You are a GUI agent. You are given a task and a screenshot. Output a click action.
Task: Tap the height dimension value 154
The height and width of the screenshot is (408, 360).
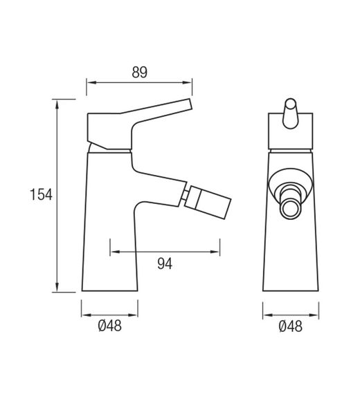click(x=41, y=195)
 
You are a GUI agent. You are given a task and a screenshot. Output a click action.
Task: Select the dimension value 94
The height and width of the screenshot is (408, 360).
click(x=164, y=263)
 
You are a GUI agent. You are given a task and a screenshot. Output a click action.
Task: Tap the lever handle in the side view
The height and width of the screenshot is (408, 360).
click(x=159, y=115)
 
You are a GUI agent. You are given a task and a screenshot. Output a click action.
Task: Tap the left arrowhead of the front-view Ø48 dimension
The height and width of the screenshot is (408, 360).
click(x=266, y=311)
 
